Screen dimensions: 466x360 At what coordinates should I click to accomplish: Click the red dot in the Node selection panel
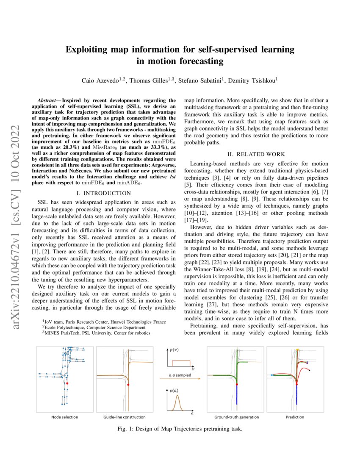[67, 383]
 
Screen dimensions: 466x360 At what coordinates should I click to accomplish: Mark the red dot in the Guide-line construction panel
[128, 384]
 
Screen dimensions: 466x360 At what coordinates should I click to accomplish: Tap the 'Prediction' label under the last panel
[294, 417]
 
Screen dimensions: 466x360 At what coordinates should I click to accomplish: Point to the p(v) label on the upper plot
[173, 351]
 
